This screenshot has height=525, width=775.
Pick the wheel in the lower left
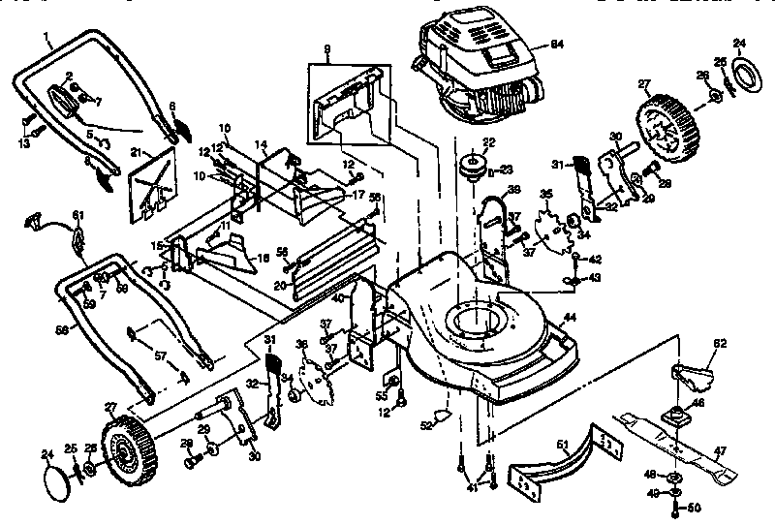pyautogui.click(x=124, y=450)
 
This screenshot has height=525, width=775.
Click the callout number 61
pyautogui.click(x=78, y=215)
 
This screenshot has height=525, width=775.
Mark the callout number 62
pyautogui.click(x=720, y=342)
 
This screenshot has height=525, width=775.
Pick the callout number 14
pyautogui.click(x=260, y=143)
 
